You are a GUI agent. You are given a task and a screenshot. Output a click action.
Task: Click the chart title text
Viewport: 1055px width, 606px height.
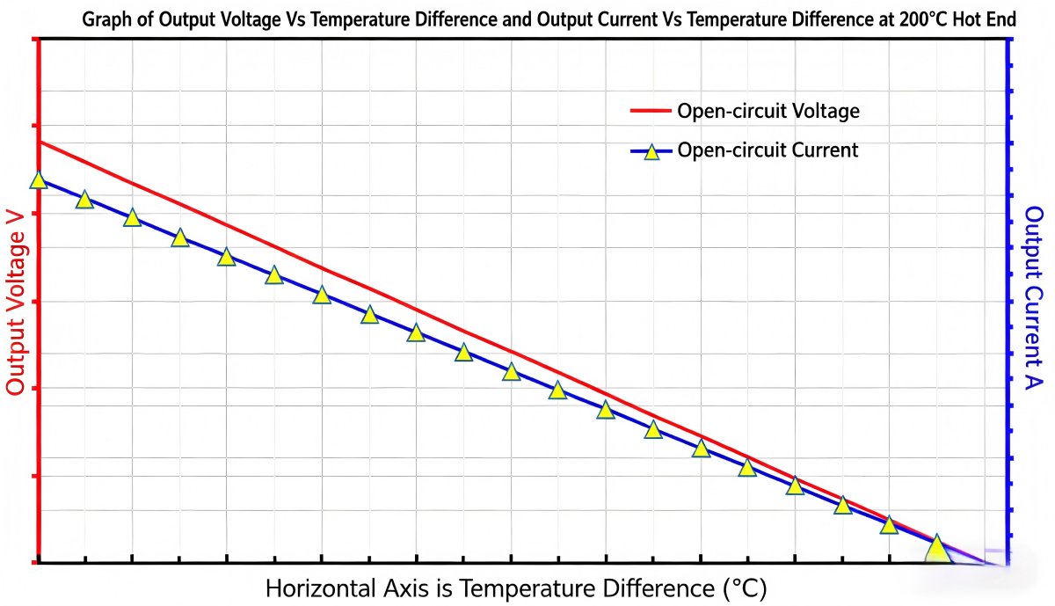[549, 20]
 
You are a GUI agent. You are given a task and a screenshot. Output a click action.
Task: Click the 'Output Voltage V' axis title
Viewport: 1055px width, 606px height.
[15, 303]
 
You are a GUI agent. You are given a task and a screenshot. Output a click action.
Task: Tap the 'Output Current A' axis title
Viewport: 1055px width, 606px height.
[1033, 298]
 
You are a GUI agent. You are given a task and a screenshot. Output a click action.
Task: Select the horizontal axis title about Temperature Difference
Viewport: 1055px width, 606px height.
[516, 588]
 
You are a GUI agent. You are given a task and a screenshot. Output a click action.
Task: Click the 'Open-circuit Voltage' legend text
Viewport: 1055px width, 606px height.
[768, 111]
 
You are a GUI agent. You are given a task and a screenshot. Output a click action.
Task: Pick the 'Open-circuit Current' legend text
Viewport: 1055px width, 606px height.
[768, 150]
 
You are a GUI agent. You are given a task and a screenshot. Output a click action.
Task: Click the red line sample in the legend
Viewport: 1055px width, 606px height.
[651, 111]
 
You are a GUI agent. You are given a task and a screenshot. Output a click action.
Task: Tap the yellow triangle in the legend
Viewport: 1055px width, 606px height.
[651, 152]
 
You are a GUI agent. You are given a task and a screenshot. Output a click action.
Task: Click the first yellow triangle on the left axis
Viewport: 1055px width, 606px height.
[38, 180]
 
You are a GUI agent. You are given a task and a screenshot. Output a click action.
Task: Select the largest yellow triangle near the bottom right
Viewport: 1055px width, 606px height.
[937, 549]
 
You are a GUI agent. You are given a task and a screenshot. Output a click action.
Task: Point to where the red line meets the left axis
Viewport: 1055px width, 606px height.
[40, 142]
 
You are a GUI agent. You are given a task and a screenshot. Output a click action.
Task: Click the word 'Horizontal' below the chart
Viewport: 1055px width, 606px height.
[321, 588]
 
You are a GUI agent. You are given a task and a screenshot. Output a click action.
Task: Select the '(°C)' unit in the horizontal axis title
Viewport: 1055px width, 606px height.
[746, 589]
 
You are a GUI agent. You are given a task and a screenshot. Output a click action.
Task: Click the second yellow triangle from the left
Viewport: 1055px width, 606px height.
[84, 200]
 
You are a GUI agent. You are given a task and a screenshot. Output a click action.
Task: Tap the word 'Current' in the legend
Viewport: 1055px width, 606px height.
[826, 150]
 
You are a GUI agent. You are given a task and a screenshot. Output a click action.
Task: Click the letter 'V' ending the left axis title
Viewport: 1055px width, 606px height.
[15, 220]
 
